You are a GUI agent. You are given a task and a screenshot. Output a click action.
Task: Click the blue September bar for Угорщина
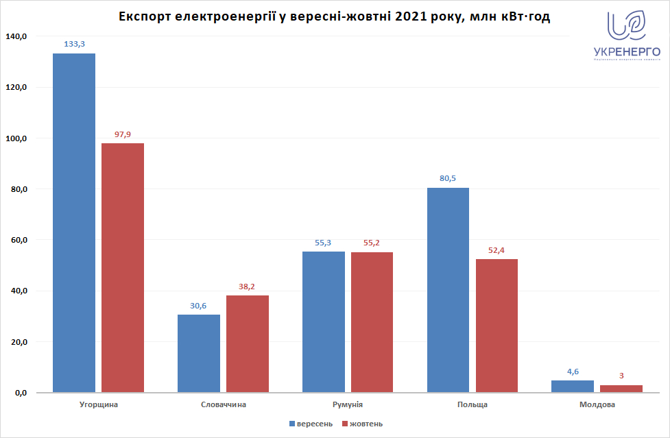[x=74, y=223]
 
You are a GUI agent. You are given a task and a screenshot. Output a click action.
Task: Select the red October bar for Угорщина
[x=123, y=267]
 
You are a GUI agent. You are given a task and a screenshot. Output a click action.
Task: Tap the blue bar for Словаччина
[x=199, y=353]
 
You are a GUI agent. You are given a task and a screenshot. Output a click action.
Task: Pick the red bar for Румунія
[x=372, y=322]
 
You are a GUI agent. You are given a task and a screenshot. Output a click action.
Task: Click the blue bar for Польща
[x=448, y=290]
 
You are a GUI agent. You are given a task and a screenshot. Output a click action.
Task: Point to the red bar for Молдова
[x=621, y=389]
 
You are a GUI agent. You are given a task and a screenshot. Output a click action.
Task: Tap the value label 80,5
[x=448, y=178]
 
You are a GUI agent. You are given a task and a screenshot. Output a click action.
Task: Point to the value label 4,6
[x=573, y=371]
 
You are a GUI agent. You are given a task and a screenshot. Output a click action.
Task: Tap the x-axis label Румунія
[x=348, y=404]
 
